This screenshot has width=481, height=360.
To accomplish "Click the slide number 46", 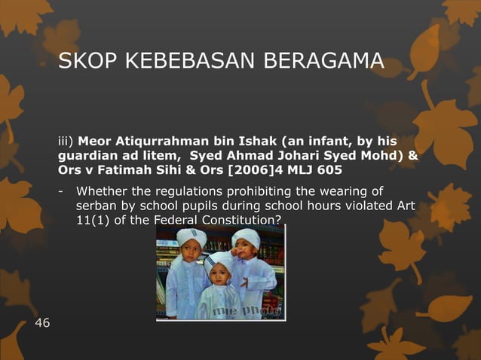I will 43,323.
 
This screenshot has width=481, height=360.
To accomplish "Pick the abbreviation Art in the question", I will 405,205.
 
